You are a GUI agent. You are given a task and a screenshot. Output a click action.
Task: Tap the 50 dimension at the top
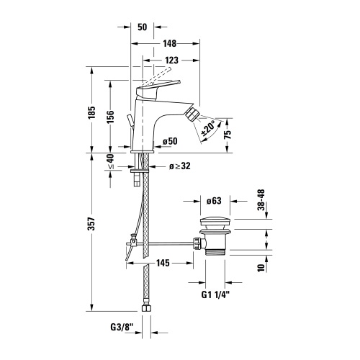(x=141, y=27)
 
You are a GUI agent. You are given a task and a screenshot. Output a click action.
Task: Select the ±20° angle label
(x=208, y=130)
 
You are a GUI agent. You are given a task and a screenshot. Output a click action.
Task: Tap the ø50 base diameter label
(x=170, y=142)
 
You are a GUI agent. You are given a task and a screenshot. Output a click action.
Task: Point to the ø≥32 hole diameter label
(x=179, y=167)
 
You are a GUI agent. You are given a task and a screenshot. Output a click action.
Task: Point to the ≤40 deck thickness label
(x=109, y=162)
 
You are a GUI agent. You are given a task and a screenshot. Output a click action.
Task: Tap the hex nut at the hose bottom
(x=147, y=310)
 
